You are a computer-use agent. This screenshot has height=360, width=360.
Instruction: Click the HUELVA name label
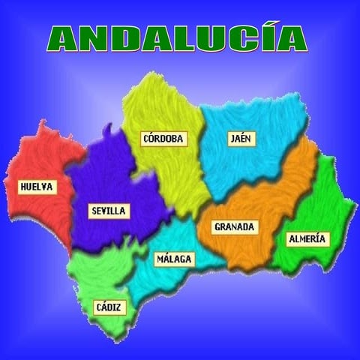(x=37, y=187)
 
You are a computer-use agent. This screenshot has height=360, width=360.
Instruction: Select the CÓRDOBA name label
(x=164, y=139)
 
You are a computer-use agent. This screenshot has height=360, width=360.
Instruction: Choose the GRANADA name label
(x=235, y=226)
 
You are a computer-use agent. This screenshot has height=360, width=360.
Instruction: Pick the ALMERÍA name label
(x=307, y=238)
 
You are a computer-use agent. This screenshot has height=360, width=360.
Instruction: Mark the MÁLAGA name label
(x=174, y=259)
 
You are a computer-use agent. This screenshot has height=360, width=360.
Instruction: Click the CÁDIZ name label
(x=110, y=307)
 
